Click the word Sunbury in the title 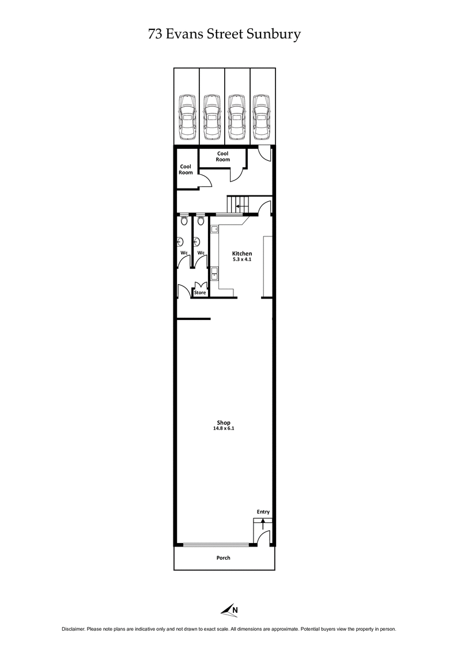point(275,35)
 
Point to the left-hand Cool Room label point(186,169)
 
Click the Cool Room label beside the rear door point(223,156)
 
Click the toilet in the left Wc point(184,221)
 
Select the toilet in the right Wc point(201,221)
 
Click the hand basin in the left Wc point(181,242)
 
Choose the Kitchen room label point(242,254)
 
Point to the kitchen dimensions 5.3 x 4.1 point(242,259)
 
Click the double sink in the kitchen point(214,274)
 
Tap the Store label point(200,293)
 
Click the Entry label point(263,512)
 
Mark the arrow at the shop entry point(263,523)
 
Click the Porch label point(223,558)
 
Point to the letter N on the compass point(235,610)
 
